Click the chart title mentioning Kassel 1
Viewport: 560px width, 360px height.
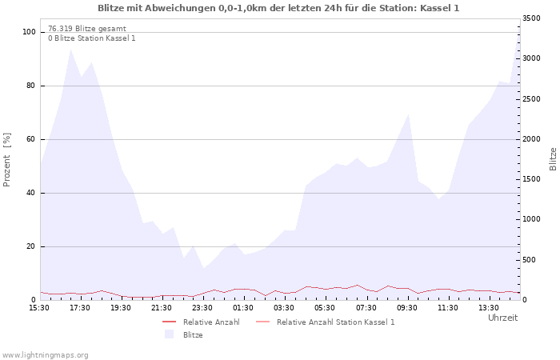coord(278,8)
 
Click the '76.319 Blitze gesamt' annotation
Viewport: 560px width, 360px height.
coord(87,29)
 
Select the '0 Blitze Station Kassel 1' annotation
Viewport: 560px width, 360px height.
coord(92,38)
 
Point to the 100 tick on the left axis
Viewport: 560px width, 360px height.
coord(29,32)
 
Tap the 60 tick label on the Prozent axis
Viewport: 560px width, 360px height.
coord(30,139)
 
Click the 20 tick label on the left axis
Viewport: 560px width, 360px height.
coord(30,246)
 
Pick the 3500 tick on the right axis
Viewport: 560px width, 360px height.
coord(531,18)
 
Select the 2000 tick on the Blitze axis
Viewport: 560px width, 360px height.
coord(531,139)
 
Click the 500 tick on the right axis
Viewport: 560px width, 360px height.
coord(530,260)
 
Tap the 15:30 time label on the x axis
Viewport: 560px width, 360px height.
coord(39,308)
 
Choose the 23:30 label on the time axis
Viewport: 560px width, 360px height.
coord(202,308)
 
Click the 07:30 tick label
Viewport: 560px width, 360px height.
coord(366,308)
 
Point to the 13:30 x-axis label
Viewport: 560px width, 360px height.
coord(489,308)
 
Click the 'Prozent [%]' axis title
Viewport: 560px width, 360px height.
coord(6,160)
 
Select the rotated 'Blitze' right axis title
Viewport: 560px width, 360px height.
coord(553,159)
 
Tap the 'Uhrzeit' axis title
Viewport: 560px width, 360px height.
coord(503,318)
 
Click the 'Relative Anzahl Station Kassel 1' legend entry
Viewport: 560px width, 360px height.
coord(326,322)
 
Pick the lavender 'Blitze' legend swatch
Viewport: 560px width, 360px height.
coord(169,334)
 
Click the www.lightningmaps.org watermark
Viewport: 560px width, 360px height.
coord(45,355)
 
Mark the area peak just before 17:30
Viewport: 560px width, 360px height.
coord(70,50)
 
